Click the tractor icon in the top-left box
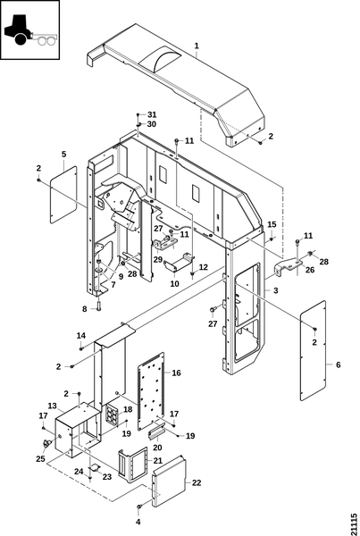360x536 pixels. pyautogui.click(x=30, y=30)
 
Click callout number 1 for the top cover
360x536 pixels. pyautogui.click(x=197, y=46)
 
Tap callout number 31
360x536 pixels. pyautogui.click(x=152, y=114)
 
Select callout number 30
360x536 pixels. pyautogui.click(x=152, y=124)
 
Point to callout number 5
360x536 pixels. pyautogui.click(x=64, y=155)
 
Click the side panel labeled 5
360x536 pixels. pyautogui.click(x=63, y=194)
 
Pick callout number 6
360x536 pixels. pyautogui.click(x=339, y=364)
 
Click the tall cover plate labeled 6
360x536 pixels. pyautogui.click(x=314, y=350)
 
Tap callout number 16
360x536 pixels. pyautogui.click(x=176, y=373)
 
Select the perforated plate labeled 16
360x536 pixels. pyautogui.click(x=151, y=391)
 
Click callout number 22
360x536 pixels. pyautogui.click(x=197, y=482)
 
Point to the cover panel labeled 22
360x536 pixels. pyautogui.click(x=169, y=481)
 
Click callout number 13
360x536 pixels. pyautogui.click(x=52, y=406)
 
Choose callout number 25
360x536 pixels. pyautogui.click(x=40, y=459)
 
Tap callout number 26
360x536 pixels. pyautogui.click(x=310, y=270)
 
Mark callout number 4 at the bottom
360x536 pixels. pyautogui.click(x=138, y=522)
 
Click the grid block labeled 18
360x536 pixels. pyautogui.click(x=113, y=414)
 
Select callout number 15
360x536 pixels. pyautogui.click(x=272, y=224)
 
